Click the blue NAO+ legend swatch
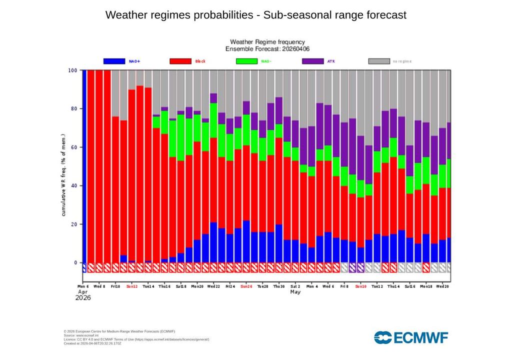(x=114, y=61)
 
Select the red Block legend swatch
(x=180, y=61)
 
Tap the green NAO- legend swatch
(x=246, y=61)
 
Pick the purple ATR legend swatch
(x=313, y=61)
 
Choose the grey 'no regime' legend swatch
(x=379, y=61)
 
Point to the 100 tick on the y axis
(x=72, y=70)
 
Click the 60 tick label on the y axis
(x=74, y=147)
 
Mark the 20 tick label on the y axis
(x=74, y=224)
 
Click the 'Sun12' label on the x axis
(x=132, y=286)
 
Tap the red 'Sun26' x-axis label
(x=246, y=286)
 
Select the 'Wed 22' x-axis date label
(x=213, y=286)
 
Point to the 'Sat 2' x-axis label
(x=295, y=286)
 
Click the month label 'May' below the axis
(x=295, y=292)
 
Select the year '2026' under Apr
(x=83, y=297)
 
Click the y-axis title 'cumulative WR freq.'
(x=63, y=175)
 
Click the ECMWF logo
(x=411, y=337)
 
